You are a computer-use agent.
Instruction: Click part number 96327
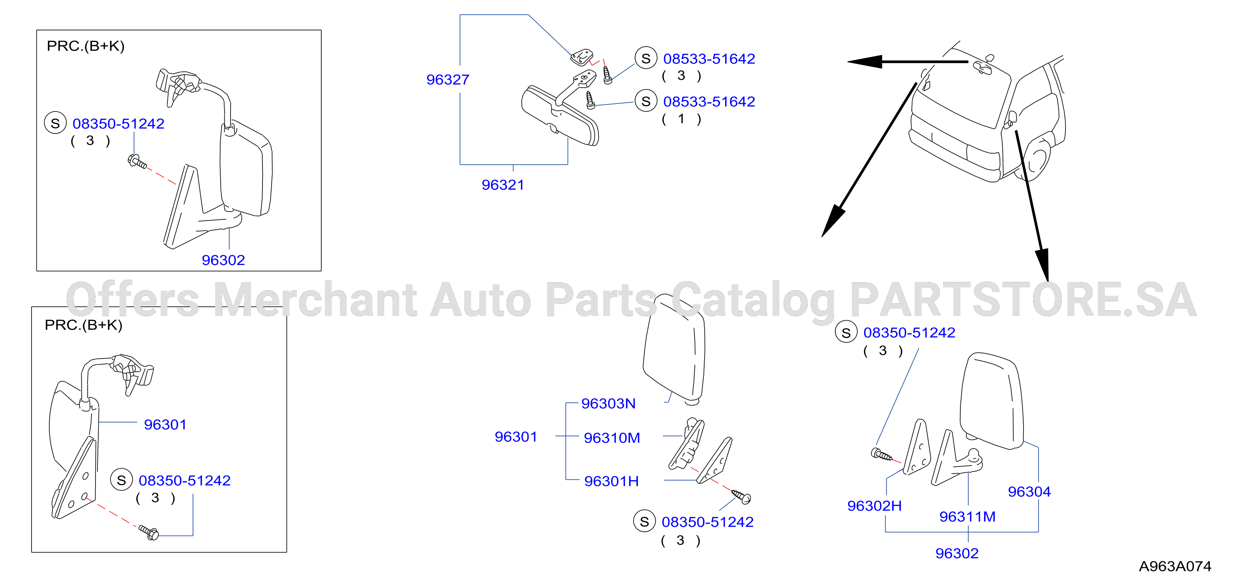448,79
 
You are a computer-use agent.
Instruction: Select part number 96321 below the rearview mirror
503,185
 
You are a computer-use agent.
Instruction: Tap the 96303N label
608,404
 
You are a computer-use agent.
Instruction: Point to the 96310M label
612,438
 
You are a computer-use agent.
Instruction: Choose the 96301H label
611,481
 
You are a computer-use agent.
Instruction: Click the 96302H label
874,506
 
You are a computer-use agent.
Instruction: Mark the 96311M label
967,517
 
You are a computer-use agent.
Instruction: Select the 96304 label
1029,492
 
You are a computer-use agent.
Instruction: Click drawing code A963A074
1175,566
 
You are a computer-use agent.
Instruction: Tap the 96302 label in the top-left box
223,260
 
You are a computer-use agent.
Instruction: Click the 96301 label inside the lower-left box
165,424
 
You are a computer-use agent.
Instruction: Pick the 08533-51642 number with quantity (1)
709,102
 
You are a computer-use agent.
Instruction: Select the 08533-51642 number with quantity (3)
709,59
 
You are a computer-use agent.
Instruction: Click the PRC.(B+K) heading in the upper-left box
86,46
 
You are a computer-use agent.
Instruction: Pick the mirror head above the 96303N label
675,348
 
